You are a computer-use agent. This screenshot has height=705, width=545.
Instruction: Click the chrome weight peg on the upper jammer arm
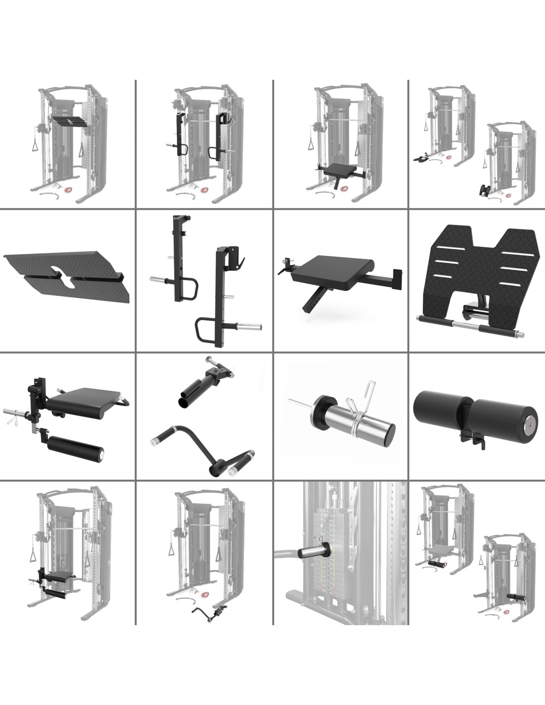[x=161, y=280]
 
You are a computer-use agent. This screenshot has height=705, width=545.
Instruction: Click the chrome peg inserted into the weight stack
[x=311, y=552]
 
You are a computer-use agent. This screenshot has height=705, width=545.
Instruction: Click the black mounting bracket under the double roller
[x=471, y=439]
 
